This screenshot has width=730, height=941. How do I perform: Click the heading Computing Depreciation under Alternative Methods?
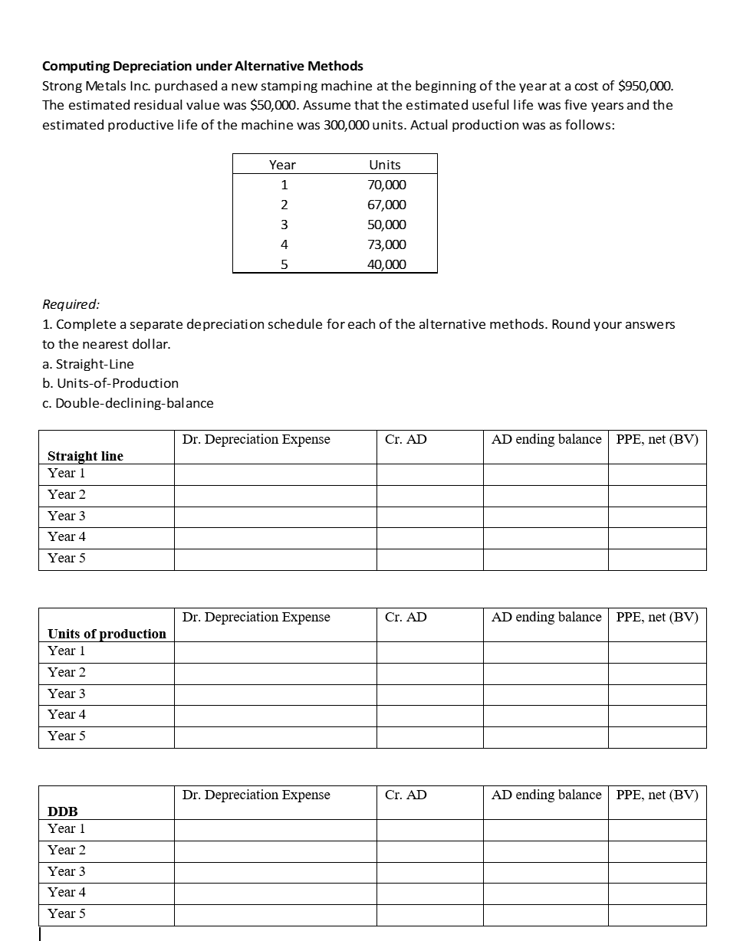pos(202,65)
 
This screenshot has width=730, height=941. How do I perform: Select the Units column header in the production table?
pos(385,165)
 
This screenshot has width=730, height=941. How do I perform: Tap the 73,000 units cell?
pos(387,244)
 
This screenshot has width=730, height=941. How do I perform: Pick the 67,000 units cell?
pos(387,205)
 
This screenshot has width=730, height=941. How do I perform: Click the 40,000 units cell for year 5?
pos(387,264)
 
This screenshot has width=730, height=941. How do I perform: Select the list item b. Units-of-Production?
pos(110,383)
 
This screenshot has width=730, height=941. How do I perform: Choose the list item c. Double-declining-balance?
pos(128,403)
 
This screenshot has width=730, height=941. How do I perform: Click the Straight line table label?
pos(85,456)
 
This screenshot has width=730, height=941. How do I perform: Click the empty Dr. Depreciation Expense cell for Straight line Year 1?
pos(275,474)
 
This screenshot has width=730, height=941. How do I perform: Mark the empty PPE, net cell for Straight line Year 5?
pos(656,559)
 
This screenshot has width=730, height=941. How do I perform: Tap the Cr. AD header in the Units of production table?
pos(406,617)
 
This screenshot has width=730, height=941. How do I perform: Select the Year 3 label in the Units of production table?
pos(67,693)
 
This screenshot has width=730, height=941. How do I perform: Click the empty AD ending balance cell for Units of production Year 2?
pos(545,674)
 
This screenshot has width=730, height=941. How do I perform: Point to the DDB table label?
pos(63,811)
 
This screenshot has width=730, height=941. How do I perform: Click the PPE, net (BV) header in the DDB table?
pos(657,795)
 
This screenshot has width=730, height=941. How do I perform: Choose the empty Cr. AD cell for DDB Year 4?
pos(429,893)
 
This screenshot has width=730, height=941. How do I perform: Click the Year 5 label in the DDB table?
pos(67,913)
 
